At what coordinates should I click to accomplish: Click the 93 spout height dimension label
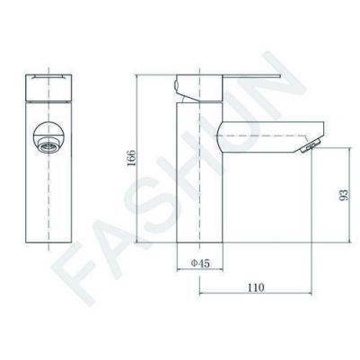point(344,195)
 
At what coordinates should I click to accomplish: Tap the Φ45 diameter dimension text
point(200,263)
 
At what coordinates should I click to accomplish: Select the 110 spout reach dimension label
point(256,287)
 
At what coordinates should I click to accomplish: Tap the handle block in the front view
point(48,87)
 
